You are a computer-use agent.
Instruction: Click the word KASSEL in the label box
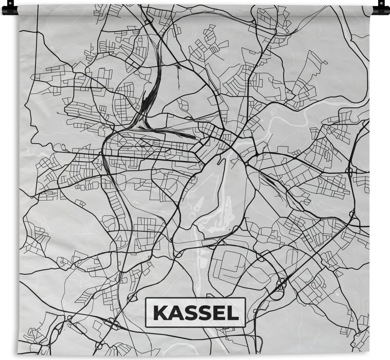click(x=195, y=313)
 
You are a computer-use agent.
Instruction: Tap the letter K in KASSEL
click(x=159, y=313)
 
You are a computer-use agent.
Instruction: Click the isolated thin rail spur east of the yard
click(x=178, y=76)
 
